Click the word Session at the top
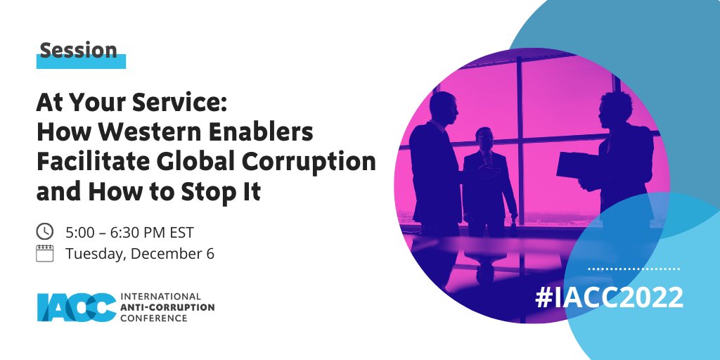(78, 51)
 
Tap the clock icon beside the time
(44, 231)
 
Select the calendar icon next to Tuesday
(44, 253)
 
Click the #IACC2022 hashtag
(608, 297)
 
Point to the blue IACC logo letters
(77, 307)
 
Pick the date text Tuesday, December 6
(139, 254)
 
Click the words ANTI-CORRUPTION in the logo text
(168, 307)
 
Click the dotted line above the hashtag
(634, 269)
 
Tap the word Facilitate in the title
(86, 162)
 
